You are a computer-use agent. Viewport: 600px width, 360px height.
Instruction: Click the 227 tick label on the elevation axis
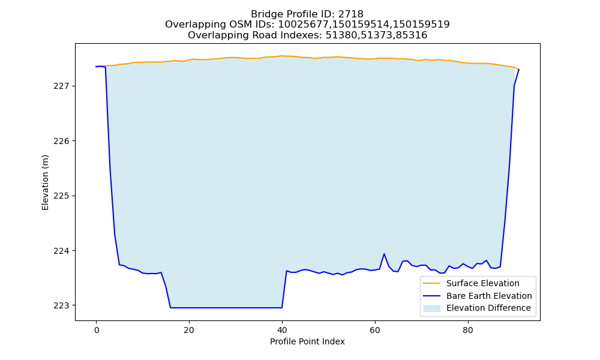62,86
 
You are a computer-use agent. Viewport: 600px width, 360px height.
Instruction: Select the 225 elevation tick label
62,196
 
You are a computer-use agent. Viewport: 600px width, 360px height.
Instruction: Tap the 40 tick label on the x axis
282,330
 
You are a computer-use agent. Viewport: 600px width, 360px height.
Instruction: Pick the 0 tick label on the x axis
97,330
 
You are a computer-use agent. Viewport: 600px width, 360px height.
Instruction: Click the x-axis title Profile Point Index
307,341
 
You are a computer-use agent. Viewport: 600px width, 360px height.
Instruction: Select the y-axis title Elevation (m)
45,182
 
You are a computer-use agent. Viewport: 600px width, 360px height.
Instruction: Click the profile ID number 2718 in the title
350,14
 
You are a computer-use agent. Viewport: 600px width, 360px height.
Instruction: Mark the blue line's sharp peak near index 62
384,254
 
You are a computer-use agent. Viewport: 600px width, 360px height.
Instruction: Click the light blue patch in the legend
431,308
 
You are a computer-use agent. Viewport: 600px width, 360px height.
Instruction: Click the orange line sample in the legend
431,283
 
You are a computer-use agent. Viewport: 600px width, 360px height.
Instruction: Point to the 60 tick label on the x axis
375,330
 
